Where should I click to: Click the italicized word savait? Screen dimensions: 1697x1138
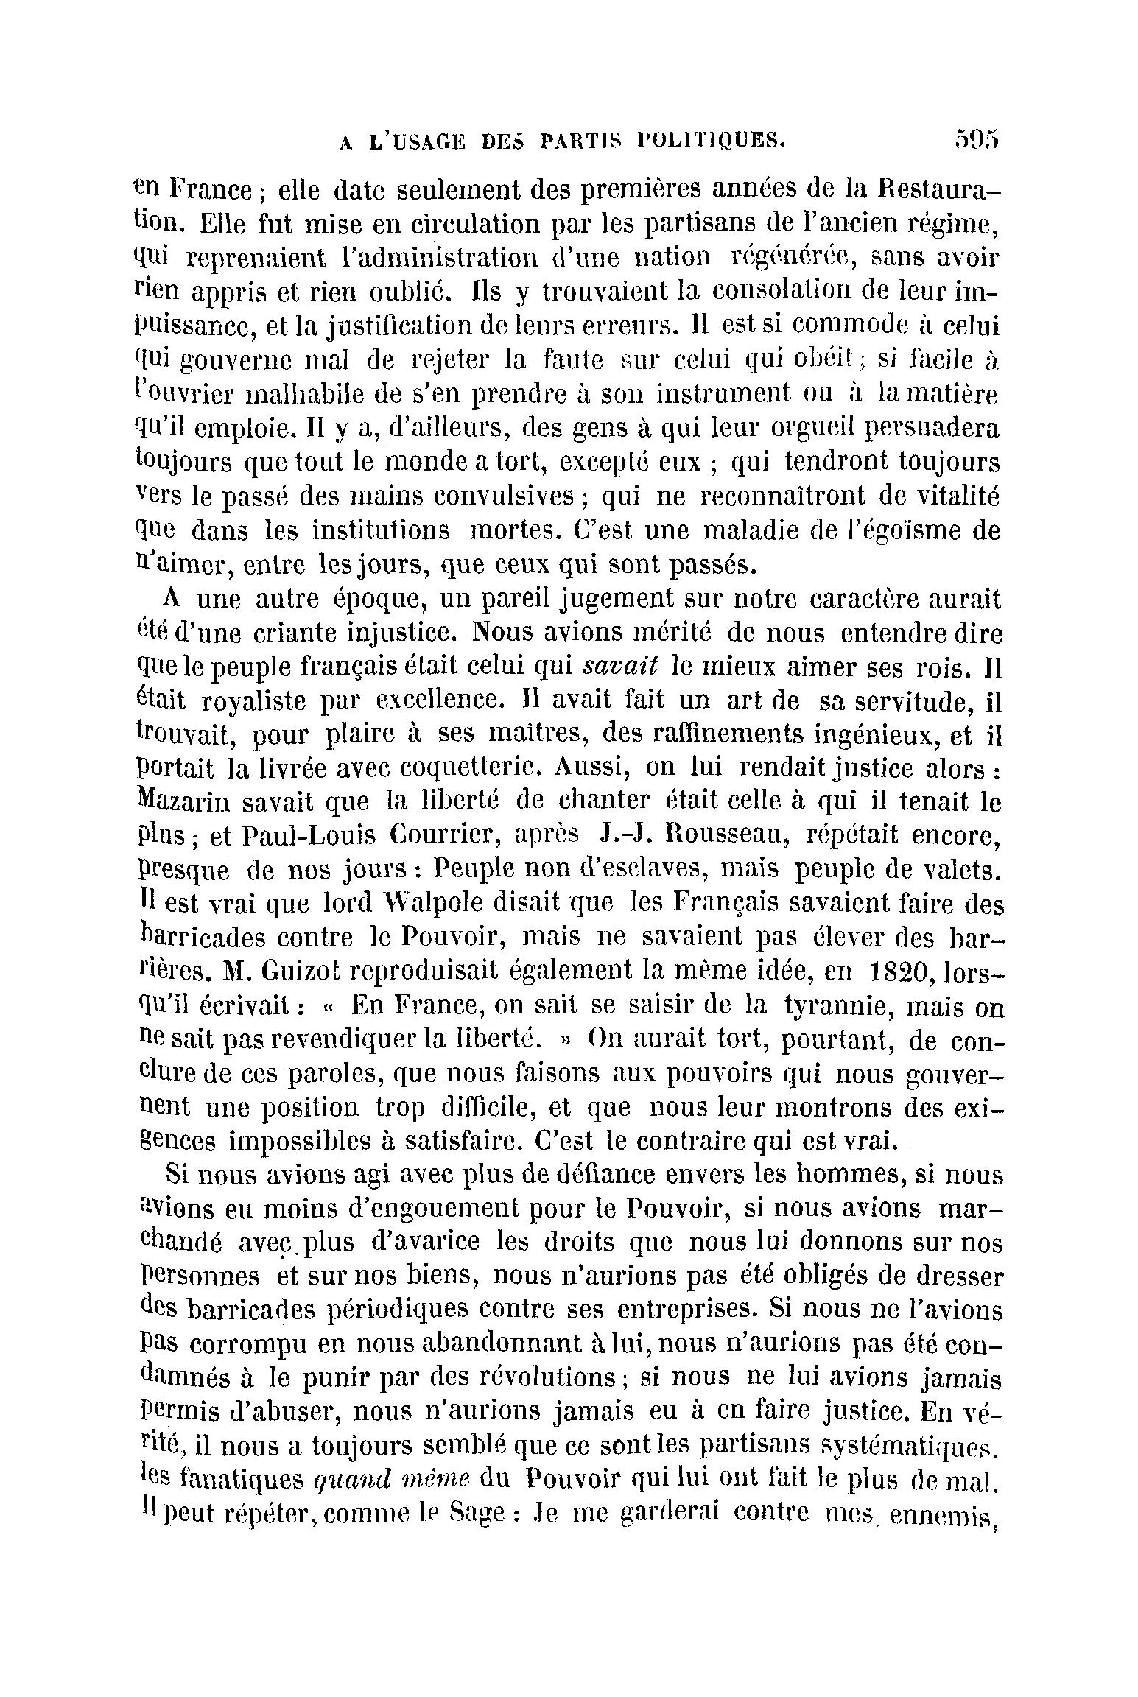click(x=619, y=666)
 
